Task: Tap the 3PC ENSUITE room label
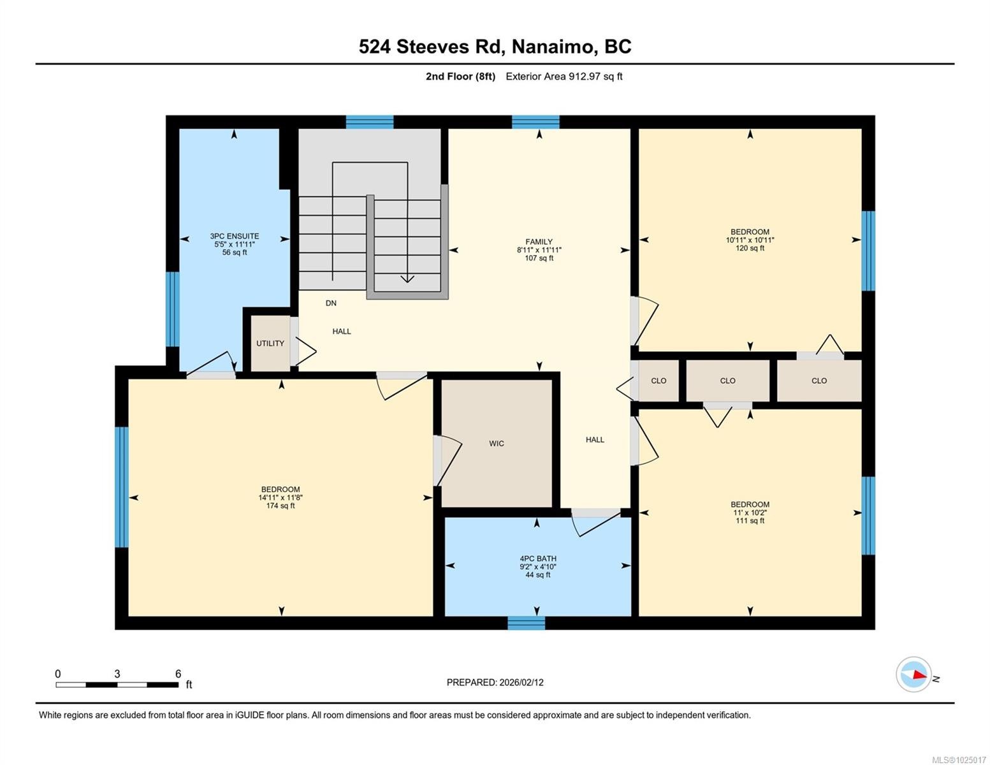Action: [x=235, y=236]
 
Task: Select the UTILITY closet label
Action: [x=270, y=343]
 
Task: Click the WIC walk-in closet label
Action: [x=497, y=443]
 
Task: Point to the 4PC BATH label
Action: [x=537, y=558]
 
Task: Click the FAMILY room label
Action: [x=539, y=242]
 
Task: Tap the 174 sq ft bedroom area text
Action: [x=280, y=506]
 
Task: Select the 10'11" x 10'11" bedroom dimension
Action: [x=750, y=240]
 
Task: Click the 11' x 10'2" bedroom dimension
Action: [x=750, y=513]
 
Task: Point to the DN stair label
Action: [x=331, y=303]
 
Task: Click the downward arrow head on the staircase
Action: [x=407, y=279]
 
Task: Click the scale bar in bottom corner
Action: [x=117, y=685]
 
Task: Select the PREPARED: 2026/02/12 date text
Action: [x=495, y=682]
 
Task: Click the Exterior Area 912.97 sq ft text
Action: [x=564, y=76]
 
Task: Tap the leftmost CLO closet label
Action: [x=659, y=381]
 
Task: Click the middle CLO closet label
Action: [x=727, y=381]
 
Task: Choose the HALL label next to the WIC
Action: [x=595, y=439]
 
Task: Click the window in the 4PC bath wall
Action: [x=527, y=623]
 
